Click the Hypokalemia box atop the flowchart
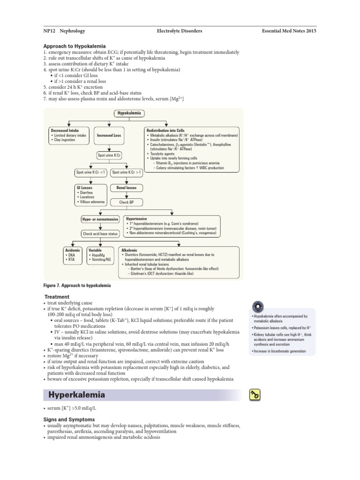[129, 113]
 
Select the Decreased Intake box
[68, 135]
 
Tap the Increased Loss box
[109, 135]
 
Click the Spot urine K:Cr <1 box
[91, 172]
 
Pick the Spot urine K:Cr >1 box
[127, 172]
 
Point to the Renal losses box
[127, 188]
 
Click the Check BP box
[127, 202]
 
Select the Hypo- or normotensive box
[100, 219]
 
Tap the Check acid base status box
[100, 233]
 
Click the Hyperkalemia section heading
[77, 395]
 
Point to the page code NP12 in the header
[45, 30]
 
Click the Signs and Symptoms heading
[69, 419]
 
